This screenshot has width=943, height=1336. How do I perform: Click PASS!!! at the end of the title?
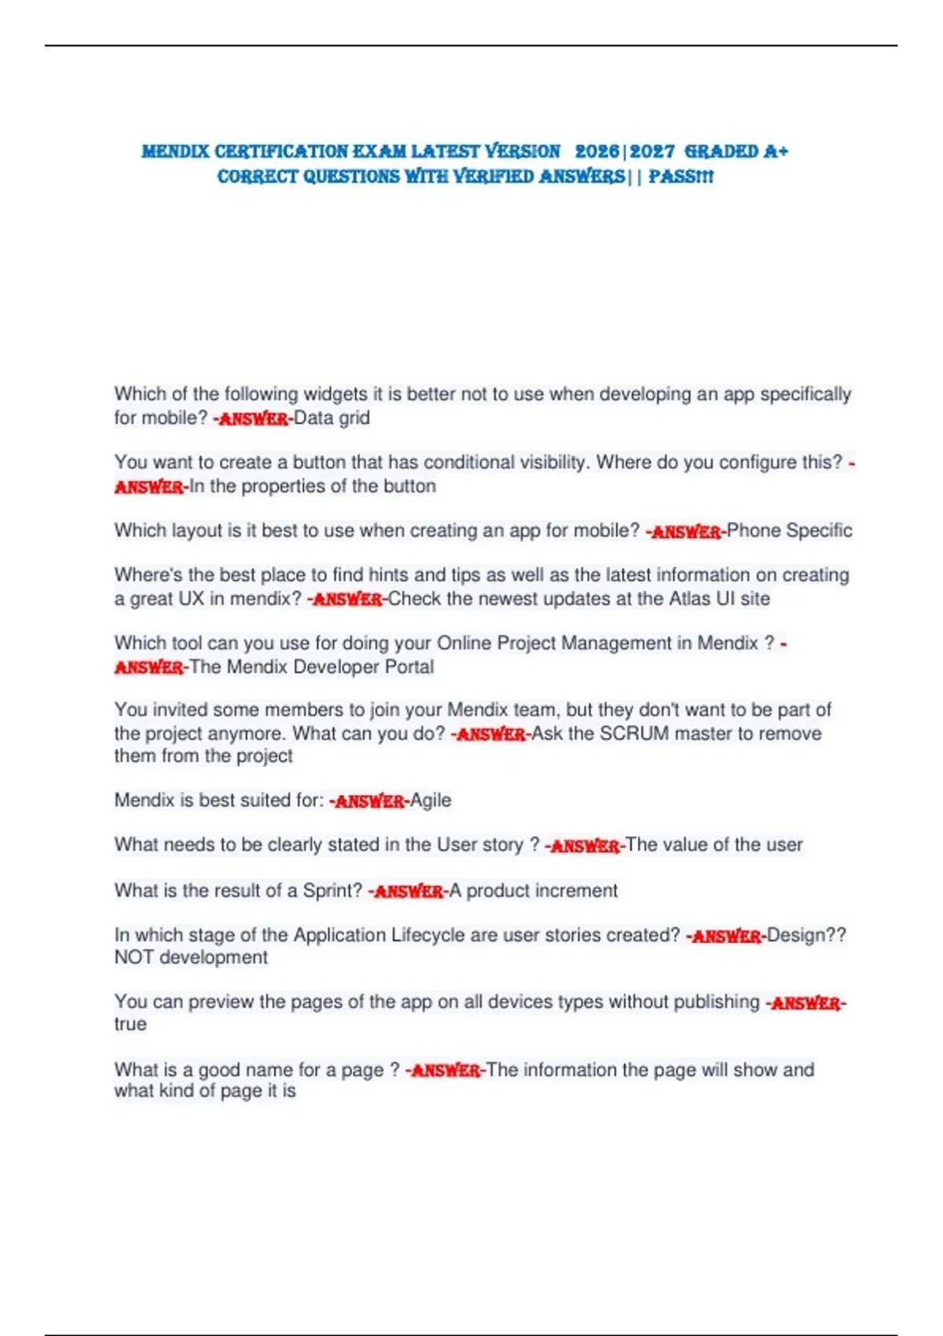coord(681,176)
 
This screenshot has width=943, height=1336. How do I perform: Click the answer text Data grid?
coord(332,417)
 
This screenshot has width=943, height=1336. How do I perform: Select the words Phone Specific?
coord(789,530)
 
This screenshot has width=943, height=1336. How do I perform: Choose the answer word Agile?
coord(431,800)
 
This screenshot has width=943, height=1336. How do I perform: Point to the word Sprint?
coord(332,890)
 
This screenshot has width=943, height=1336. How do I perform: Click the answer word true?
coord(130,1024)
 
